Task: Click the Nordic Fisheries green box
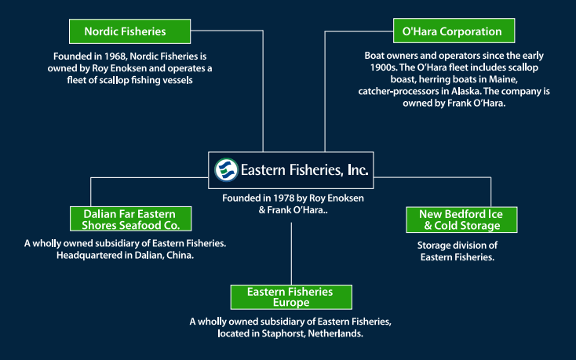point(129,31)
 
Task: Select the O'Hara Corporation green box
point(454,31)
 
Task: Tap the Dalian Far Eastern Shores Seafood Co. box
point(131,219)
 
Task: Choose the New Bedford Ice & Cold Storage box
point(461,220)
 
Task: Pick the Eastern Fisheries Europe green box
point(291,297)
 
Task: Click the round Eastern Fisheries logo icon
point(226,170)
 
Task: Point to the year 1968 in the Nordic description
point(115,56)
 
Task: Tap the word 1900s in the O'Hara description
point(383,67)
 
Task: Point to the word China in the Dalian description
point(180,255)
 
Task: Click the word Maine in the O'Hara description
point(503,79)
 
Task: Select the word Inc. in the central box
point(358,170)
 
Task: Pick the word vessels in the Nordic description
point(179,80)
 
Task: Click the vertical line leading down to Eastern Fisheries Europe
point(291,253)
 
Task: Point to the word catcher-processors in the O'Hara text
point(399,91)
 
